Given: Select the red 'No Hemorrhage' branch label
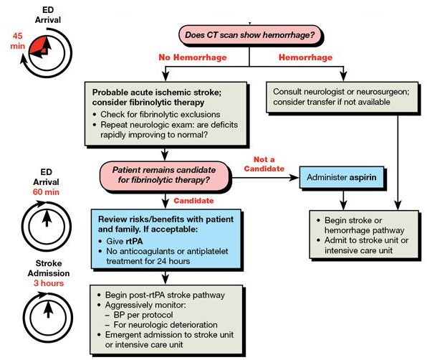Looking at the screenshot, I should [x=185, y=57].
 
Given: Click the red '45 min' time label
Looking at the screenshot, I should [x=18, y=40].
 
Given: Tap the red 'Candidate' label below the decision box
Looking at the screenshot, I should [x=196, y=202].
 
